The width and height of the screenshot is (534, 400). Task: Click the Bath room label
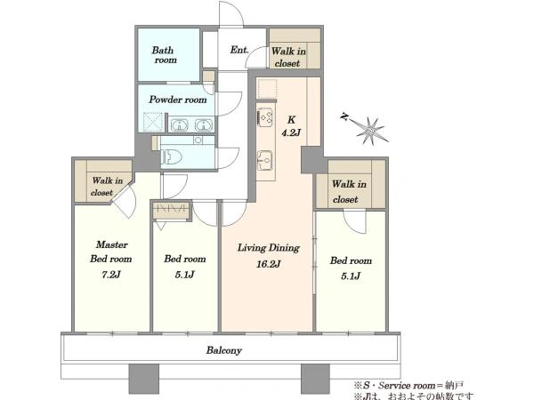pyautogui.click(x=164, y=55)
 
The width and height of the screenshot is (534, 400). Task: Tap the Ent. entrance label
pyautogui.click(x=239, y=50)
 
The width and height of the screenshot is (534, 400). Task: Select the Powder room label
pyautogui.click(x=177, y=100)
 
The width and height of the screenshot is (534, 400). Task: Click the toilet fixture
pyautogui.click(x=173, y=157)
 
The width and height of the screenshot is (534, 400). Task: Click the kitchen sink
pyautogui.click(x=264, y=159)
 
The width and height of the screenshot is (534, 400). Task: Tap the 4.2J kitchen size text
pyautogui.click(x=291, y=132)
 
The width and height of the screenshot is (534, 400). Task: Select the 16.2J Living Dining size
pyautogui.click(x=269, y=264)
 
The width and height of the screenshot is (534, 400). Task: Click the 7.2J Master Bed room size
pyautogui.click(x=111, y=275)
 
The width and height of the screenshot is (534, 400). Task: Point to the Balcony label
pyautogui.click(x=223, y=350)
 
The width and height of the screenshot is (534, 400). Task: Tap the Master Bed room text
pyautogui.click(x=111, y=252)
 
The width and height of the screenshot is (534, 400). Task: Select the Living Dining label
pyautogui.click(x=269, y=248)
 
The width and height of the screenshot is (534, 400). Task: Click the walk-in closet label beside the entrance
pyautogui.click(x=288, y=57)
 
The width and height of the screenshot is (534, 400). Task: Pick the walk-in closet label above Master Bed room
pyautogui.click(x=107, y=187)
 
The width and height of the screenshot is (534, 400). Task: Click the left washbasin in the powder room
pyautogui.click(x=180, y=124)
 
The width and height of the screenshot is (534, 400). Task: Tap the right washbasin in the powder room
pyautogui.click(x=203, y=124)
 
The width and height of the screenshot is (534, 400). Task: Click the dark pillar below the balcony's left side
pyautogui.click(x=143, y=379)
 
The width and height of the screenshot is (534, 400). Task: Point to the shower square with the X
pyautogui.click(x=153, y=122)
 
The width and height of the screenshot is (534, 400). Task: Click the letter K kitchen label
pyautogui.click(x=291, y=120)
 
